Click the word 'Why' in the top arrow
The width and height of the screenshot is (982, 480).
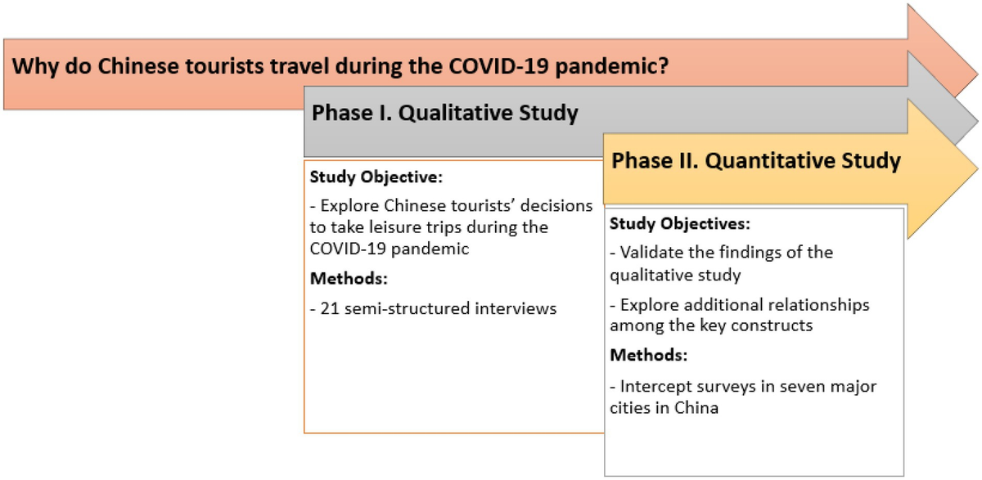pyautogui.click(x=34, y=65)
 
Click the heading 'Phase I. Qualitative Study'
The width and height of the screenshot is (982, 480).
pyautogui.click(x=444, y=113)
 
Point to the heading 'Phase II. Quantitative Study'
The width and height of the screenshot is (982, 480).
pyautogui.click(x=756, y=160)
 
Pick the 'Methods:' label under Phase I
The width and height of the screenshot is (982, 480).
pyautogui.click(x=348, y=279)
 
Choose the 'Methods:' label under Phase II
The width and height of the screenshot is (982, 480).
pyautogui.click(x=647, y=357)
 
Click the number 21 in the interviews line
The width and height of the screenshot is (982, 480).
pyautogui.click(x=330, y=308)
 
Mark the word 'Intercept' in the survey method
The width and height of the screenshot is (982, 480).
pyautogui.click(x=653, y=386)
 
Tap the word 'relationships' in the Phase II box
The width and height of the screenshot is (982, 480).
pyautogui.click(x=822, y=305)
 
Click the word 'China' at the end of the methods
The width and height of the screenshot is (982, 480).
pyautogui.click(x=696, y=407)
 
